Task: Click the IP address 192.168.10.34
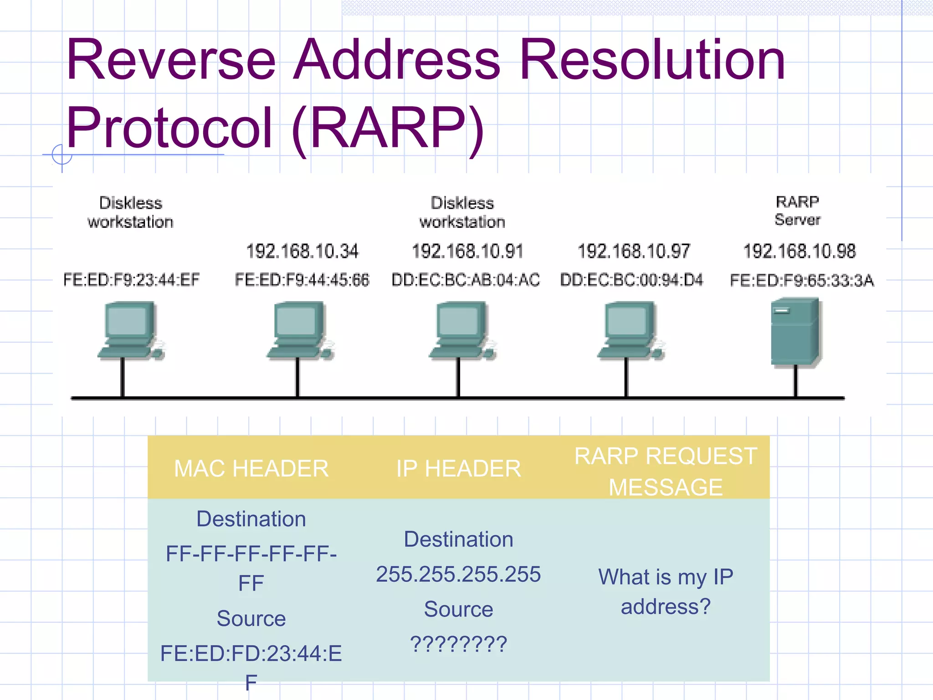point(302,251)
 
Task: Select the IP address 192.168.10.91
point(467,251)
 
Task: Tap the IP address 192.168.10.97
point(634,251)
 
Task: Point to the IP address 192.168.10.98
point(800,251)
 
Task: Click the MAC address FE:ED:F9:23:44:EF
point(131,279)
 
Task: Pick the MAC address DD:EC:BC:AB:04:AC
point(466,279)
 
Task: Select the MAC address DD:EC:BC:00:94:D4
point(631,279)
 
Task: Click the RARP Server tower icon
point(795,332)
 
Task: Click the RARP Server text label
point(797,211)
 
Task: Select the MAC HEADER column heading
point(251,468)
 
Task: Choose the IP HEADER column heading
point(458,468)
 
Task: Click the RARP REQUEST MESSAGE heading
point(666,471)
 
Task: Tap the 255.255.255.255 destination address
point(458,574)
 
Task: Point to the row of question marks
point(458,643)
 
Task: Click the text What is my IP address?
point(666,592)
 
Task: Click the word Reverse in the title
point(171,60)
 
